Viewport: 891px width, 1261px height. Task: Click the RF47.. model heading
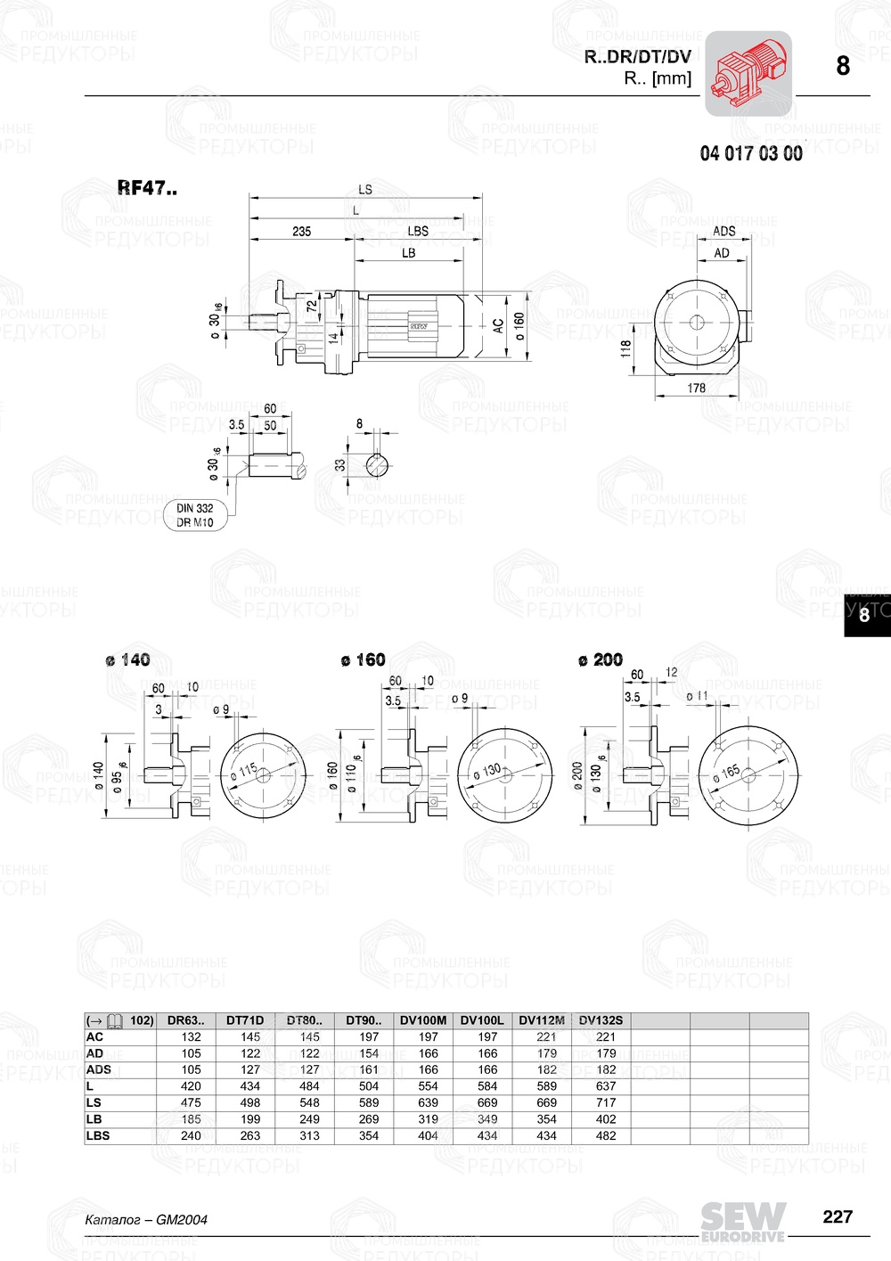(147, 188)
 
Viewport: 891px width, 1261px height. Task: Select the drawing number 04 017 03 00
(750, 153)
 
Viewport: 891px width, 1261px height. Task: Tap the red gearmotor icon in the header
(748, 74)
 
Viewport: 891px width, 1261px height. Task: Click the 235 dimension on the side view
(301, 231)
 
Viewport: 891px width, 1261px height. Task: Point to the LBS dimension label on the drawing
(417, 231)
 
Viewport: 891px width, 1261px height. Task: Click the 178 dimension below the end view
(696, 388)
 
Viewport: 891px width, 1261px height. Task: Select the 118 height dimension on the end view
(625, 348)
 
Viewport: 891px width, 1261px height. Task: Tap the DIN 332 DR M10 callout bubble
(195, 515)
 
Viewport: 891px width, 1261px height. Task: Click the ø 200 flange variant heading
(600, 659)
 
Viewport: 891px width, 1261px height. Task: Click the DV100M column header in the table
(423, 1020)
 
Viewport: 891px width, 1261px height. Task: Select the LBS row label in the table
(98, 1135)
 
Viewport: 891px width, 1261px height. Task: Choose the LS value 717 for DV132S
(606, 1102)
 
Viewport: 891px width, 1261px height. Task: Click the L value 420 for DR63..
(191, 1086)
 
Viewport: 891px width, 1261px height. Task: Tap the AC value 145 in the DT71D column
(250, 1036)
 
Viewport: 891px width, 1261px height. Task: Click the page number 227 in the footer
(838, 1216)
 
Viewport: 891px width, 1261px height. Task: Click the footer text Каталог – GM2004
(145, 1219)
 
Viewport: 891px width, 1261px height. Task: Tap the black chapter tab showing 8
(864, 615)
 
